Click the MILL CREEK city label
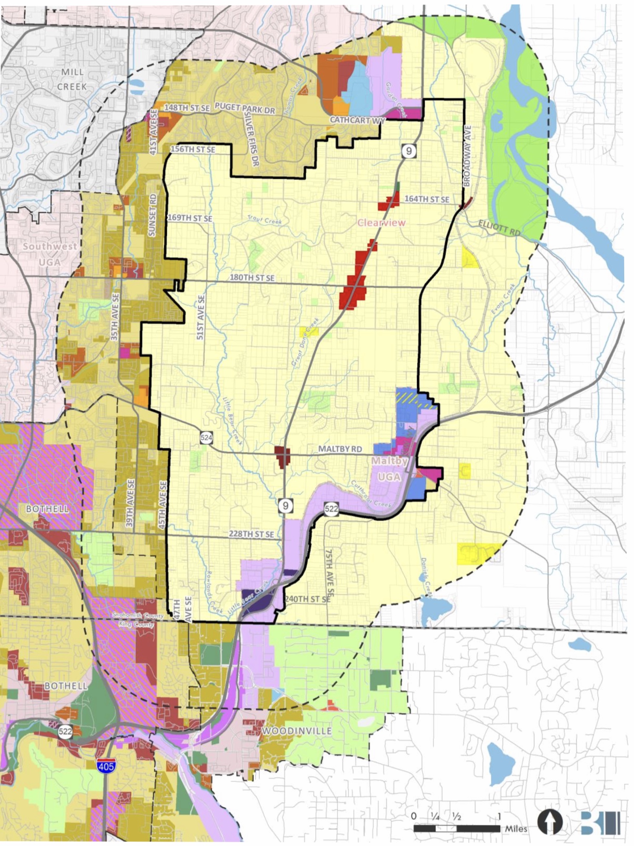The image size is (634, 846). tap(72, 79)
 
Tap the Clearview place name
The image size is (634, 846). tap(381, 222)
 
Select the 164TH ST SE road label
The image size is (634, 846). tap(427, 199)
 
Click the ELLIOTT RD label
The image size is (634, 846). tap(499, 227)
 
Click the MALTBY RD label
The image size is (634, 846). tap(340, 449)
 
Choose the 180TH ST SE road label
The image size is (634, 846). tap(252, 278)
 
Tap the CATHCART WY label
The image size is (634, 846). tap(357, 120)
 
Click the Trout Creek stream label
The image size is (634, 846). tap(265, 220)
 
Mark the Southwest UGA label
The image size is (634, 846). tap(50, 254)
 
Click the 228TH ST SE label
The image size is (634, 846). tap(251, 533)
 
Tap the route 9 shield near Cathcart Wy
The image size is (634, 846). tap(409, 151)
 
